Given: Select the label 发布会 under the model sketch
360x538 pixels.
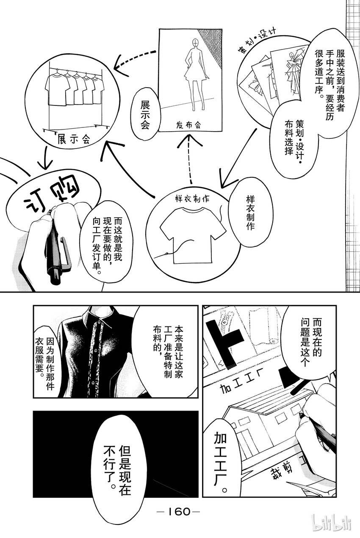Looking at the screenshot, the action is (188, 125).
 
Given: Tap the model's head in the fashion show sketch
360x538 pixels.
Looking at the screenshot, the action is (196, 43).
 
